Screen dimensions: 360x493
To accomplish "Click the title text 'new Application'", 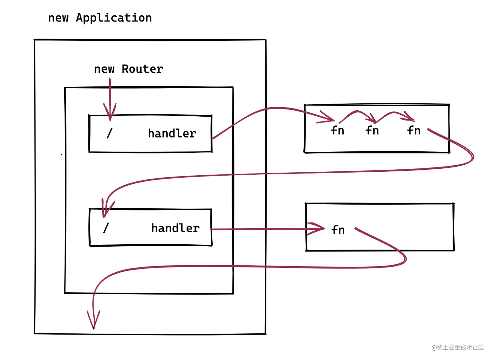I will click(x=100, y=18).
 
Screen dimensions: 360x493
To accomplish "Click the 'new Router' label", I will click(x=128, y=69).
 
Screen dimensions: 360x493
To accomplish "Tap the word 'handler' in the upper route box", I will click(x=172, y=134).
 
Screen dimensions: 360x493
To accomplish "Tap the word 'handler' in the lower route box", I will click(x=175, y=228).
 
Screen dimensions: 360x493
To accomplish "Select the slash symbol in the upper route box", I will click(x=110, y=133).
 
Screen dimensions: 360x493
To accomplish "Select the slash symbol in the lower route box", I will click(x=106, y=228).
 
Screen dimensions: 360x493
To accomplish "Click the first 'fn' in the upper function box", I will click(x=337, y=131).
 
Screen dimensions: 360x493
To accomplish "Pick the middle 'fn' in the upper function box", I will click(x=372, y=131).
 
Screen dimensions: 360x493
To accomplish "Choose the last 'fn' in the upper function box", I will click(x=413, y=131).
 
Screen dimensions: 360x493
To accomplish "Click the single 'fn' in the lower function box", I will click(x=338, y=230).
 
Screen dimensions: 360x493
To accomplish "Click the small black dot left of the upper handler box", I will click(x=62, y=154).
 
